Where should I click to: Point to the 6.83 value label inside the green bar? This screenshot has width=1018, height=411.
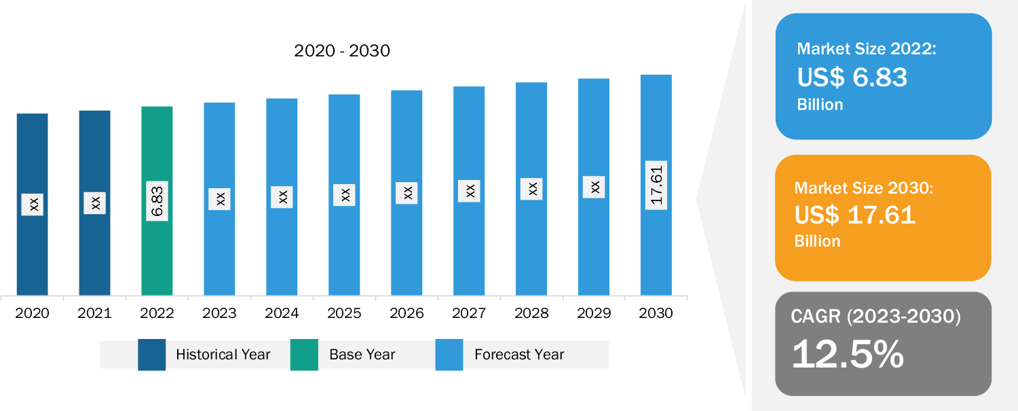[157, 201]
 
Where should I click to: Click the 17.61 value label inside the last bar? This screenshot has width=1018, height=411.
[656, 185]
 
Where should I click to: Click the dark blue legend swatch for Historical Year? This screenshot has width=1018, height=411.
[152, 355]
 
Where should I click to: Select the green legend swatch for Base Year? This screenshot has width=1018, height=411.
[304, 355]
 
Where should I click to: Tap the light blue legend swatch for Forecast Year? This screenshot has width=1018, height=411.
[449, 355]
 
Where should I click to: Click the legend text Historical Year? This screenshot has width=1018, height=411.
[223, 355]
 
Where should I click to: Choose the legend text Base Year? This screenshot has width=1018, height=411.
[362, 355]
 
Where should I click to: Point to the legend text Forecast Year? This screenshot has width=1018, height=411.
[519, 355]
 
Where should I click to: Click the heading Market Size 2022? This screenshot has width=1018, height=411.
[866, 49]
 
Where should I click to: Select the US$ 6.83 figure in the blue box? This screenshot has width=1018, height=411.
[852, 77]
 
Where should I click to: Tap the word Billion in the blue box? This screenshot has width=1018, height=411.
[820, 105]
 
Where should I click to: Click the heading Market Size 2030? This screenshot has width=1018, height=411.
[864, 187]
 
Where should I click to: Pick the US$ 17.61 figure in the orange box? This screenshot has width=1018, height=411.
[855, 215]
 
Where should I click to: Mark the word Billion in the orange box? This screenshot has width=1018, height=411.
[817, 241]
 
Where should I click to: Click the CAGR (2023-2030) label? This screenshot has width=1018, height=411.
[875, 316]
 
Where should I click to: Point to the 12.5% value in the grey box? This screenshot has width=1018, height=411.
[848, 354]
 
